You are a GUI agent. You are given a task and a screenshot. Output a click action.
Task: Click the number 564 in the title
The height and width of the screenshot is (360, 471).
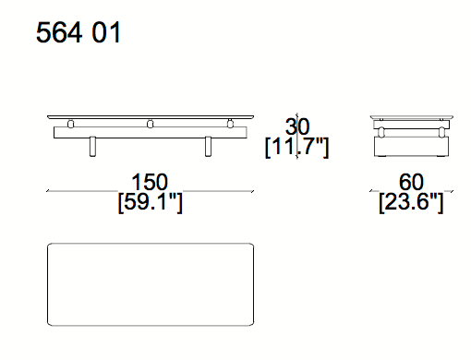59,32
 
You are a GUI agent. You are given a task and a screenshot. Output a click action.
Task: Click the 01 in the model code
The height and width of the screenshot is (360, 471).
106,32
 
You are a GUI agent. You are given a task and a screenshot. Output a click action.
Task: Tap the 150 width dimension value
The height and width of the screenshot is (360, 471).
150,182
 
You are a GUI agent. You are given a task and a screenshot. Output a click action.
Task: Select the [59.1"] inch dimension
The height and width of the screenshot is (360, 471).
151,202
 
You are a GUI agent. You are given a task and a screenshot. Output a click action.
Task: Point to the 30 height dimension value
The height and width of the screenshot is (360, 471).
297,126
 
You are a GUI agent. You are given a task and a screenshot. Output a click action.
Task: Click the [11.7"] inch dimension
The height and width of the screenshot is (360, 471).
297,147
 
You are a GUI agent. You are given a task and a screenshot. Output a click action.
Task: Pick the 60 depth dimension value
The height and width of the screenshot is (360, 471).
411,182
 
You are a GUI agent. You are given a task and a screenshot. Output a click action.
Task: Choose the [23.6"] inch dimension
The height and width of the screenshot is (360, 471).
411,202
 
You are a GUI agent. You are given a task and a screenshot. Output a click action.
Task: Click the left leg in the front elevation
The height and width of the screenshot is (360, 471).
92,147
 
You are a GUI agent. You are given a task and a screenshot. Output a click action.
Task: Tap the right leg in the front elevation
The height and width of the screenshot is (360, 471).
208,147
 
